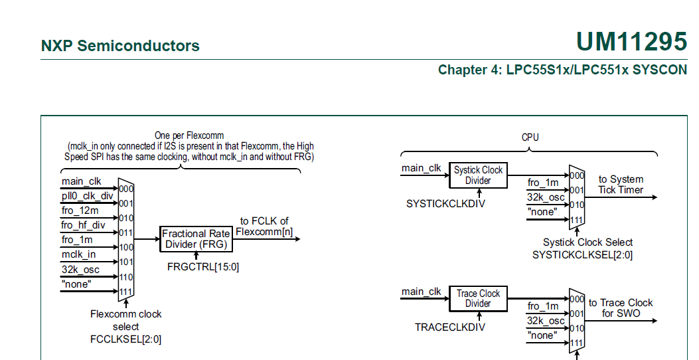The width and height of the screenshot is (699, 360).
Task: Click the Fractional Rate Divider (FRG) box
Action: (196, 239)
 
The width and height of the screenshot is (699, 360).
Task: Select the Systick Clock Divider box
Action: (478, 175)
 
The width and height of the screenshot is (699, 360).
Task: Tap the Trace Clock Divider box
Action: (478, 298)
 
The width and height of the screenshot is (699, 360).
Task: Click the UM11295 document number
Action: (631, 42)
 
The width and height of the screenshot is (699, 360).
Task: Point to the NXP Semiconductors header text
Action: (120, 46)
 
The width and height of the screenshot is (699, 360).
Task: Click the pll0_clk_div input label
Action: (88, 196)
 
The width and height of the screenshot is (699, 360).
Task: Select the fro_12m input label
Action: (80, 211)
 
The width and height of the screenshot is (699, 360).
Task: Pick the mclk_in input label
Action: (79, 254)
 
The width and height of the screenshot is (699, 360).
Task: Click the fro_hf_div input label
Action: (84, 225)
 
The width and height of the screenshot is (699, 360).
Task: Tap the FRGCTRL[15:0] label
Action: (203, 266)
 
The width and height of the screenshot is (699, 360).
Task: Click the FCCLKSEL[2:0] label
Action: (125, 339)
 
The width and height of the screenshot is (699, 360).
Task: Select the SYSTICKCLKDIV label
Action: (445, 204)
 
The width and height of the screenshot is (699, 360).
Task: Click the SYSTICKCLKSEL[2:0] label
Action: (583, 255)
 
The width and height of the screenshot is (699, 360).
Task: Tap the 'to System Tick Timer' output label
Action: (621, 185)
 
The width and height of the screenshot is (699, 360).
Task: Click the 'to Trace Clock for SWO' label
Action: (621, 308)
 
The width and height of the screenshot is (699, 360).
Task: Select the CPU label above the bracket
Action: (530, 137)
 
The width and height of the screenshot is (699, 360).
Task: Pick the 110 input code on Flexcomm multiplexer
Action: (126, 277)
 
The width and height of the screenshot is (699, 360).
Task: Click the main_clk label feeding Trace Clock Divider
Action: (422, 292)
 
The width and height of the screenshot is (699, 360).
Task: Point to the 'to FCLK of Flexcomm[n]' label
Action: (265, 226)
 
